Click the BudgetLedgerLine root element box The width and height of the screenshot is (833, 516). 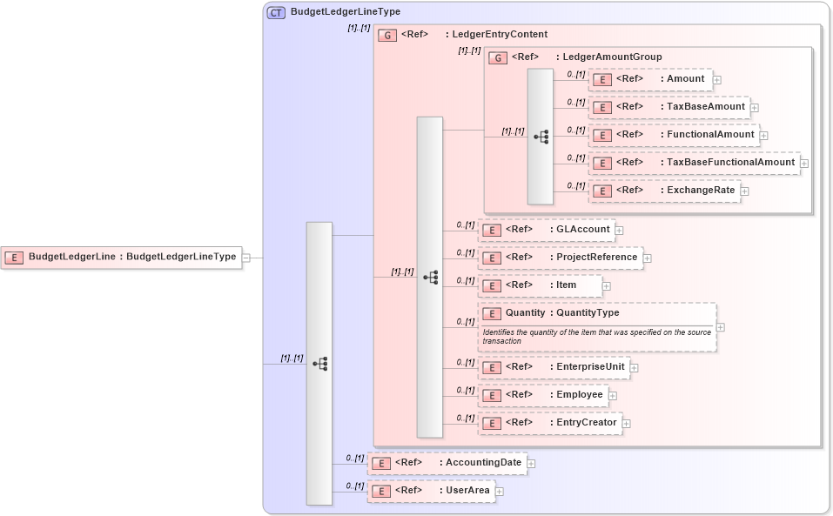pyautogui.click(x=122, y=257)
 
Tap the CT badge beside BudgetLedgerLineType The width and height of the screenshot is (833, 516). pyautogui.click(x=276, y=12)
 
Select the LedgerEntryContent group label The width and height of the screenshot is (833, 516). pyautogui.click(x=495, y=35)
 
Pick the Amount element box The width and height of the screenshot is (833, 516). pyautogui.click(x=650, y=80)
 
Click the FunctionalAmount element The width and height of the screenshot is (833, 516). pyautogui.click(x=673, y=135)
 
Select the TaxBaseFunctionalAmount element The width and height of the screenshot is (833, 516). pyautogui.click(x=693, y=163)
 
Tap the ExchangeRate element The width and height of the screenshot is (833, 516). pyautogui.click(x=664, y=191)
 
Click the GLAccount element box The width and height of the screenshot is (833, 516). pyautogui.click(x=547, y=230)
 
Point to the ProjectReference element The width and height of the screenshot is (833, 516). pyautogui.click(x=560, y=258)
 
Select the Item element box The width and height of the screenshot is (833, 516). pyautogui.click(x=540, y=285)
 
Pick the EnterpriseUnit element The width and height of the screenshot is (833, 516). pyautogui.click(x=554, y=367)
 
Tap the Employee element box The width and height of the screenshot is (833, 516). pyautogui.click(x=542, y=395)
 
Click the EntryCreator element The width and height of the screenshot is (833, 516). pyautogui.click(x=549, y=423)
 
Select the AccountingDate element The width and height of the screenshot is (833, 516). pyautogui.click(x=447, y=463)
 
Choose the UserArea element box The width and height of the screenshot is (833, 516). pyautogui.click(x=431, y=491)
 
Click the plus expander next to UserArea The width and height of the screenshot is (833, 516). pyautogui.click(x=500, y=492)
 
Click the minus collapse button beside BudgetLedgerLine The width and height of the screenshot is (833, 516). pyautogui.click(x=246, y=258)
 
